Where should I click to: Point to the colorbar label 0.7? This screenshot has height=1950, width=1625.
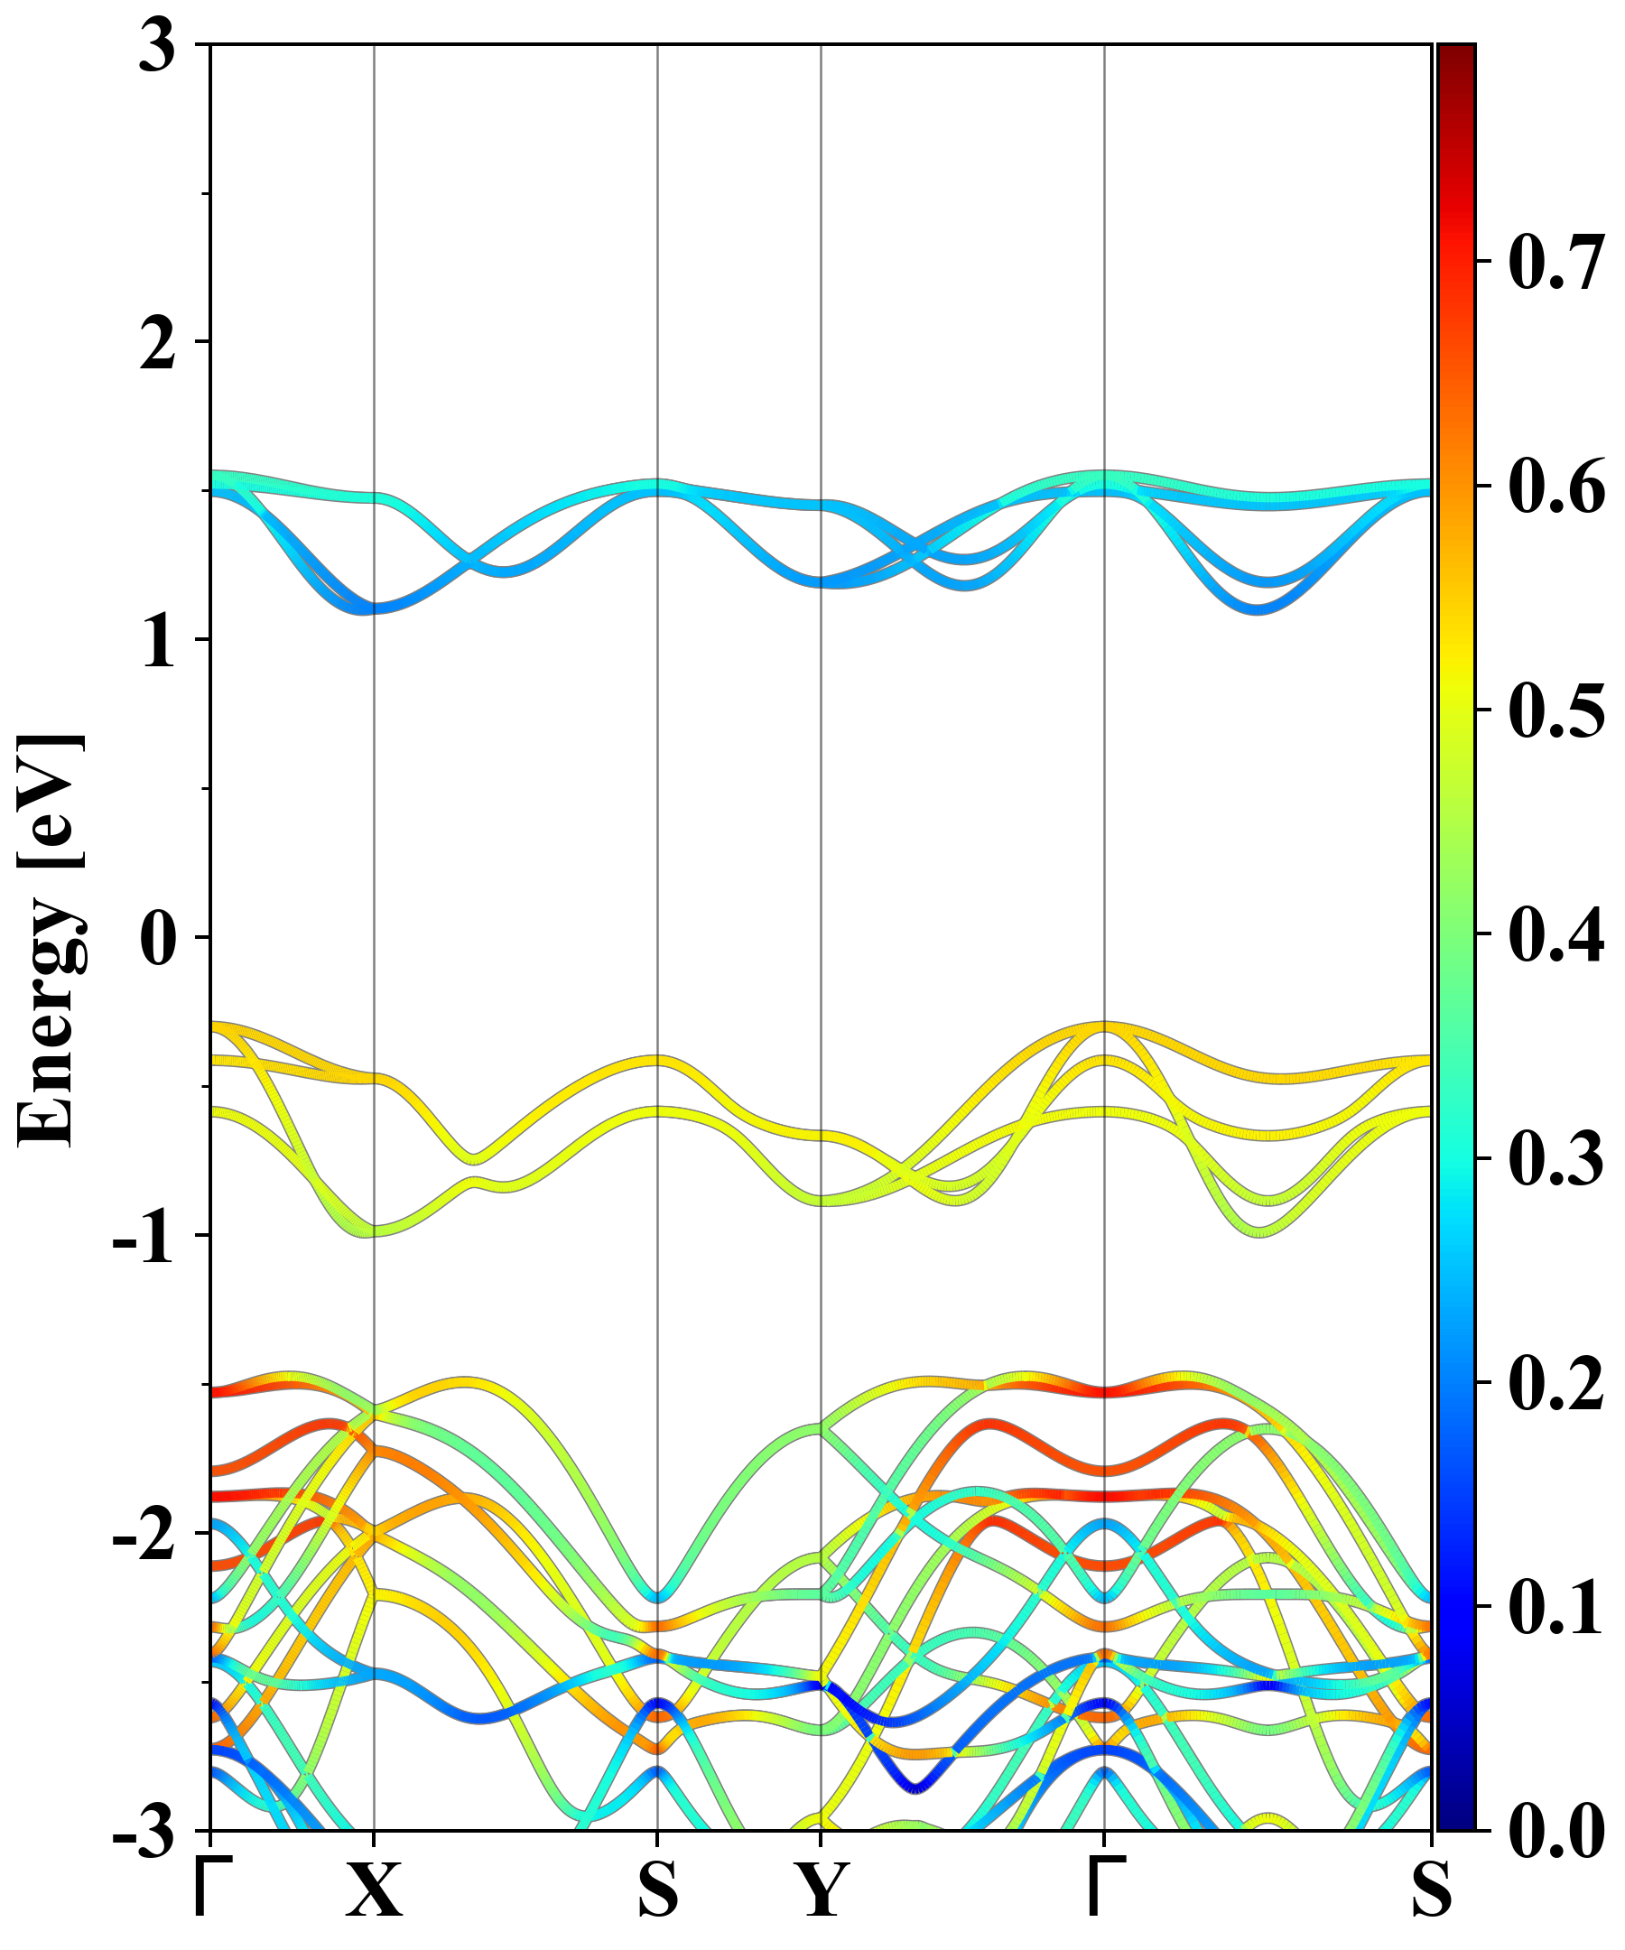point(1556,262)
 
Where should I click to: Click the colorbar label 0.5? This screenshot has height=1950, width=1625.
point(1556,710)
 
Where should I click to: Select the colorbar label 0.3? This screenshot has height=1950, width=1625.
point(1556,1158)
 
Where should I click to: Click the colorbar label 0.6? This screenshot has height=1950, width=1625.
point(1556,487)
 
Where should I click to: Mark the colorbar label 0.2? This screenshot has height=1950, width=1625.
point(1556,1383)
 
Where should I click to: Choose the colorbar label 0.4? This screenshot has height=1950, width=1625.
point(1556,934)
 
